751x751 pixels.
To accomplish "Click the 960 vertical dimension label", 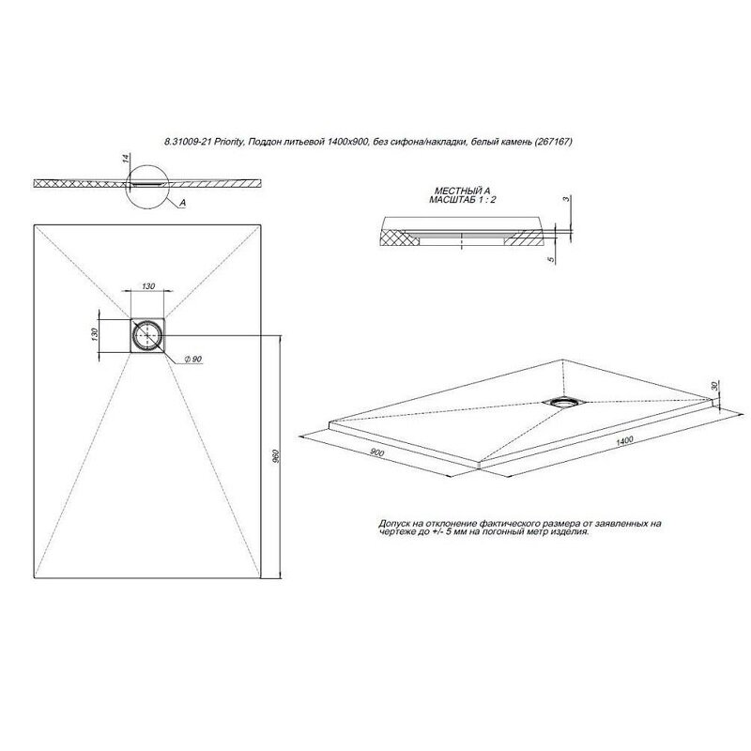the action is coord(275,457).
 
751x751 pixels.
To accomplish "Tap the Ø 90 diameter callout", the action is coord(193,359).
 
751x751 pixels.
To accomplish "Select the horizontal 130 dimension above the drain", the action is coord(148,286).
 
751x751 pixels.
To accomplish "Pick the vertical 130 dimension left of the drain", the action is coord(95,333).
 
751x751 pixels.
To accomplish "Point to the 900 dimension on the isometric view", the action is coord(377,452).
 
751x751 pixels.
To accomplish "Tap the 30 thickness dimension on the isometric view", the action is coord(715,386).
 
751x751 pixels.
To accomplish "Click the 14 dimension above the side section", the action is coord(126,158).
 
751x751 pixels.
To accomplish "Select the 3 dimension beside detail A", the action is coord(566,199).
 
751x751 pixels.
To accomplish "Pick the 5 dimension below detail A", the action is coord(551,259).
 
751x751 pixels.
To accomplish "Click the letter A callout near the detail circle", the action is coord(182,203).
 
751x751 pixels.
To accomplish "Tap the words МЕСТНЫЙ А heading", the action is coord(462,192).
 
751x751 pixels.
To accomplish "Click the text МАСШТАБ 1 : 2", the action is coord(462,199).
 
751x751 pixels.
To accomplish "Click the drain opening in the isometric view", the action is coord(564,403).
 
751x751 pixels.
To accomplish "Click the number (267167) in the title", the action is coord(553,142).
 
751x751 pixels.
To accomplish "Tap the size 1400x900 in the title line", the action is coord(349,142).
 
